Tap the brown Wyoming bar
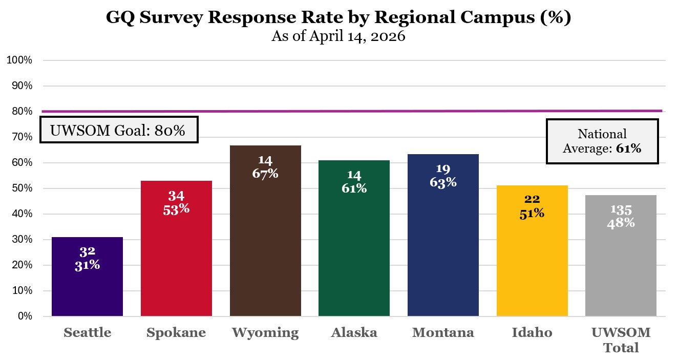tap(265, 246)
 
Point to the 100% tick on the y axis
tap(19, 60)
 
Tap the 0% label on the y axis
tap(25, 316)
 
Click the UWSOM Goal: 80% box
tap(119, 130)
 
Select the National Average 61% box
tap(602, 141)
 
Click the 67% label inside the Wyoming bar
tap(265, 174)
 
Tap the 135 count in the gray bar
tap(621, 210)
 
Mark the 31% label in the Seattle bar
tap(87, 265)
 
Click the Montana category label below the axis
tap(443, 333)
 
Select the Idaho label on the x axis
tap(532, 333)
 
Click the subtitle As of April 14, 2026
tap(338, 37)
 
